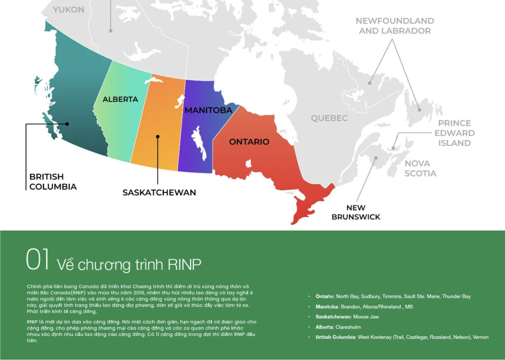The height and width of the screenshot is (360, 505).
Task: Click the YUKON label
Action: coord(69,9)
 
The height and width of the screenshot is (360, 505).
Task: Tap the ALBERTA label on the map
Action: coord(120,99)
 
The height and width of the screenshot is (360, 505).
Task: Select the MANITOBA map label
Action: coord(208,110)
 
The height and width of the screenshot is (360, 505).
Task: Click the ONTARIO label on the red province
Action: coord(249,142)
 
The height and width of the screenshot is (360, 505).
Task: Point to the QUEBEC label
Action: coord(329,118)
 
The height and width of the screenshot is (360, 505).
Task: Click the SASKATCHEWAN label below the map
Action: coord(159,192)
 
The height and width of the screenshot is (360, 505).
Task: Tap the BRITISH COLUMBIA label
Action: coord(53,181)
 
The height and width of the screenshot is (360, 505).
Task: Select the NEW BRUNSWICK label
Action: coord(356,212)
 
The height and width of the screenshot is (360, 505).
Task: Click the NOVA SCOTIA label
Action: coord(420,168)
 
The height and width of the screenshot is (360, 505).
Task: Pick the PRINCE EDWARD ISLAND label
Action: coord(454,133)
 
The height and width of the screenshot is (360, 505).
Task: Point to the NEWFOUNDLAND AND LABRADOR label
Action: coord(395,26)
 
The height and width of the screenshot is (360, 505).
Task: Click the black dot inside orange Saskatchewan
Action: coord(158,137)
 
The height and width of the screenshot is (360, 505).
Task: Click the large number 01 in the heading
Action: coord(37,261)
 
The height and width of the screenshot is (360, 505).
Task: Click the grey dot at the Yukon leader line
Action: coord(111,31)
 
